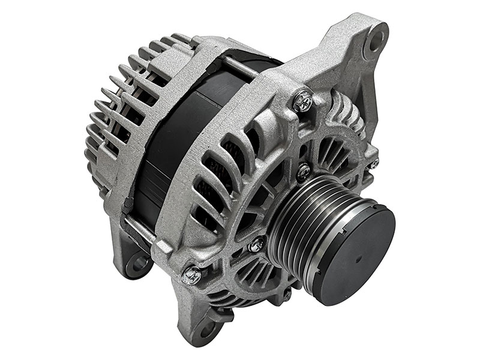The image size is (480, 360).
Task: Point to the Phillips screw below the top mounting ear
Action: [304, 100]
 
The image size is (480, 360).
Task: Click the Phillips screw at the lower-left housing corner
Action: [192, 275]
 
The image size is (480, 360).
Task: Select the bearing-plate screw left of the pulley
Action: [258, 243]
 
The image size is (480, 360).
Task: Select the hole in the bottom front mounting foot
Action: [207, 329]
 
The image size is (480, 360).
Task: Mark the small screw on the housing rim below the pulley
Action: [287, 294]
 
